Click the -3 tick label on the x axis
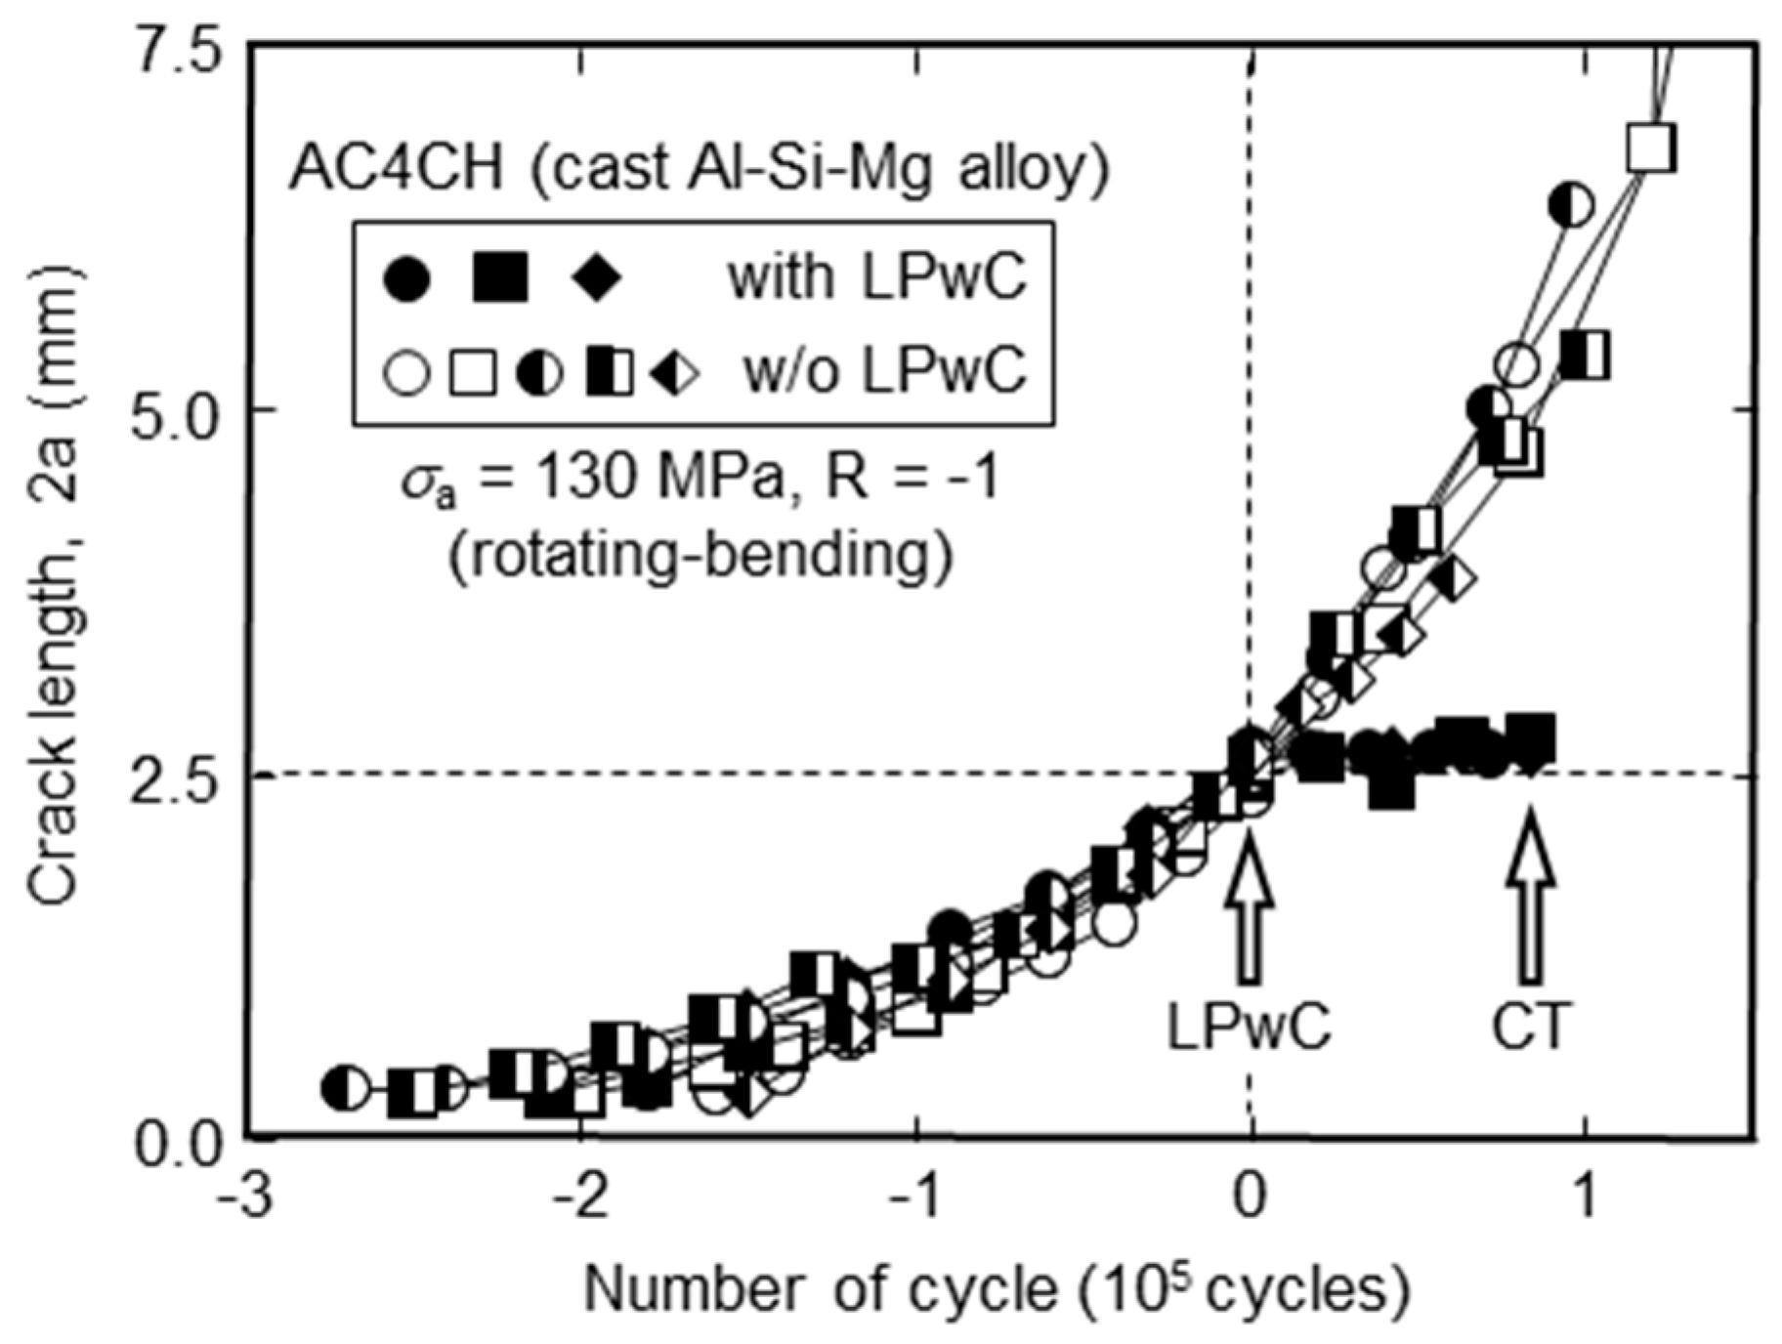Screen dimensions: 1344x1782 click(x=244, y=1198)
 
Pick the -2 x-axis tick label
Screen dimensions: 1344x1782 click(x=580, y=1198)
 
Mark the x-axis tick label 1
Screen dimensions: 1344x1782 click(x=1585, y=1198)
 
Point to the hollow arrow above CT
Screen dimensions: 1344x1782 click(x=1529, y=899)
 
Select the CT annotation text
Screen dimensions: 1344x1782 click(x=1529, y=1027)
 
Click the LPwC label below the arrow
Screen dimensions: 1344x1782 click(x=1250, y=1027)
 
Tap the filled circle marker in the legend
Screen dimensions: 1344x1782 click(x=406, y=279)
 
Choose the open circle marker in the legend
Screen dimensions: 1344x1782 click(x=406, y=373)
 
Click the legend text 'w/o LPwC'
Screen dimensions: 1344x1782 click(x=884, y=371)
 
